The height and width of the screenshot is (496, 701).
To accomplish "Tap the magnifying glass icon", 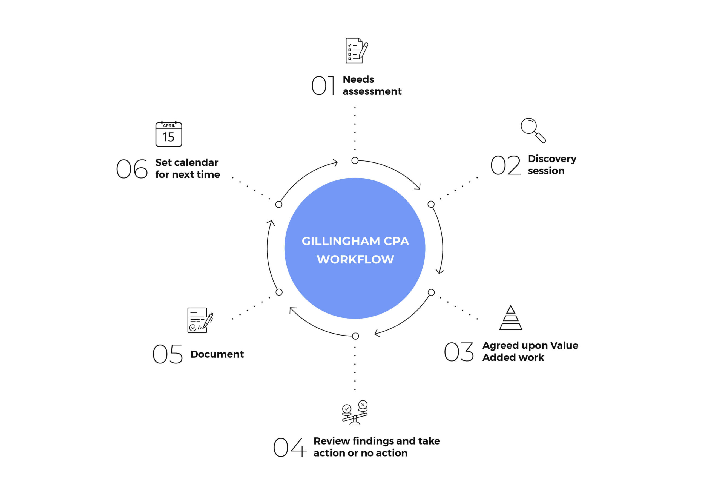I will [533, 130].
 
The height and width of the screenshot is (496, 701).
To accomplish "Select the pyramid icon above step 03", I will [510, 318].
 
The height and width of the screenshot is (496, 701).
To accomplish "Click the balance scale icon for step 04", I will [355, 413].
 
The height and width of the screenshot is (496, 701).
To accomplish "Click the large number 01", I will [323, 85].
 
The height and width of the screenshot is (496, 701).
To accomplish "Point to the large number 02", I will [505, 165].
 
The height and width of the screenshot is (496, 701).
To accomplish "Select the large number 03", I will [459, 352].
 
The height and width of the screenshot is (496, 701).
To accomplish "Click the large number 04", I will [289, 447].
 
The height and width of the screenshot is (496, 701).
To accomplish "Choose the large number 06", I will [132, 169].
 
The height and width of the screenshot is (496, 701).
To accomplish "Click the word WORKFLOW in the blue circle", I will [355, 259].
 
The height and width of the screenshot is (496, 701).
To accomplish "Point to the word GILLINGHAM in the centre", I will [341, 241].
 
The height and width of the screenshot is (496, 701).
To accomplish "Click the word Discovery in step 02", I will [552, 159].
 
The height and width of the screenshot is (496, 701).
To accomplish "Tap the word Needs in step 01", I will [358, 79].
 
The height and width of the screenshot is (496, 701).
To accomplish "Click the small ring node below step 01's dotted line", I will [355, 160].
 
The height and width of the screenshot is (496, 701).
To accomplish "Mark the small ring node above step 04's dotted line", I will [355, 336].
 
